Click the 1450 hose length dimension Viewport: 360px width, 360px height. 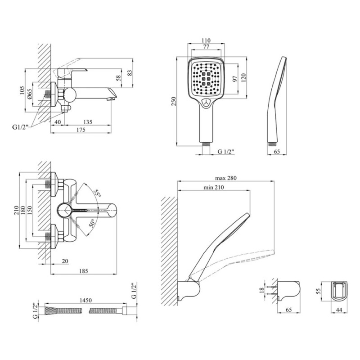(x=85, y=300)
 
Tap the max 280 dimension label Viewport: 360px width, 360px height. (x=226, y=178)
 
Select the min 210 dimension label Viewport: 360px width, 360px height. (x=213, y=187)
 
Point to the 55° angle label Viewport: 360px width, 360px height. (x=98, y=193)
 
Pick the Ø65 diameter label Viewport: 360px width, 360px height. (x=30, y=94)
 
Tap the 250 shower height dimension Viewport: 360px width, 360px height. (x=174, y=101)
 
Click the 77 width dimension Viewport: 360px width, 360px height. (x=206, y=46)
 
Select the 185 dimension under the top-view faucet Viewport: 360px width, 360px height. (x=83, y=271)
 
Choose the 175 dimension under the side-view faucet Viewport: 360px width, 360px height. (x=81, y=130)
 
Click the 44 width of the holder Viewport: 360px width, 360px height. (x=339, y=310)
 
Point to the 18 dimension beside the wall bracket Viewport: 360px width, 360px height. (x=262, y=290)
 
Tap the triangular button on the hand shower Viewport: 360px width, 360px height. (x=207, y=103)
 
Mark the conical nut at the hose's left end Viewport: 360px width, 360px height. (x=50, y=310)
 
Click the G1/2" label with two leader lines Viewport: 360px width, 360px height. (x=20, y=127)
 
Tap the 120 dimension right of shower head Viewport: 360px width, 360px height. (x=243, y=77)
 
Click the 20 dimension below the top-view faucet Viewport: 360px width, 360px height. (x=65, y=261)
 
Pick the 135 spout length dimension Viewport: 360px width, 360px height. (x=87, y=122)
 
